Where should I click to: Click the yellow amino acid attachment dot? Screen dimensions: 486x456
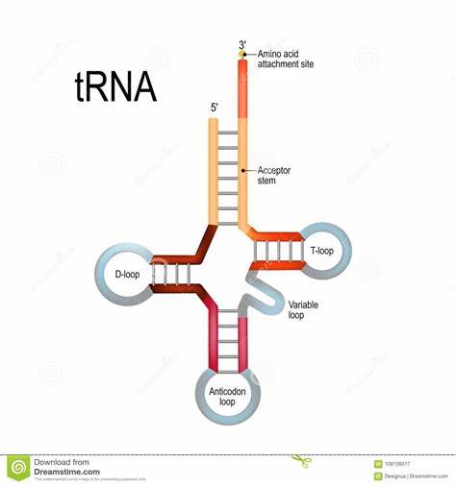coord(242,55)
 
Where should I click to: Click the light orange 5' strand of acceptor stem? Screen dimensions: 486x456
coord(215,173)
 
